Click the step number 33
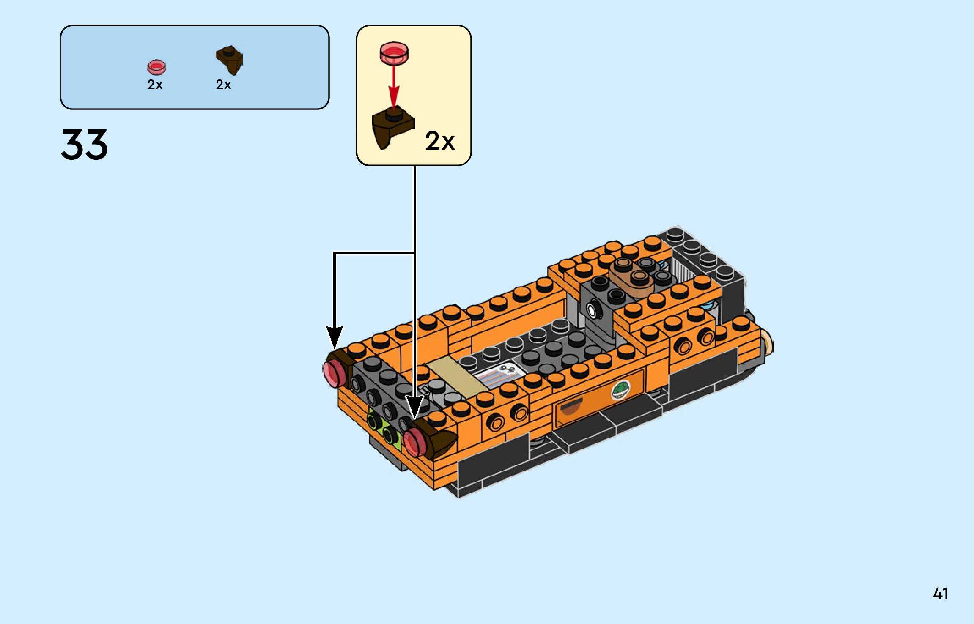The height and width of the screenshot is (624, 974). pyautogui.click(x=85, y=145)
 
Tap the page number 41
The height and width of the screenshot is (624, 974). pyautogui.click(x=940, y=594)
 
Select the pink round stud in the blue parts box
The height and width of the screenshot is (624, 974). pyautogui.click(x=156, y=67)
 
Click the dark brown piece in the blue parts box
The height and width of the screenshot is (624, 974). pyautogui.click(x=230, y=60)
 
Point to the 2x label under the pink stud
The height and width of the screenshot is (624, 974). pyautogui.click(x=155, y=85)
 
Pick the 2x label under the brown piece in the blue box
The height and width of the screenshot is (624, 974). pyautogui.click(x=223, y=85)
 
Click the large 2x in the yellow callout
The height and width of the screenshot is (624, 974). pyautogui.click(x=440, y=141)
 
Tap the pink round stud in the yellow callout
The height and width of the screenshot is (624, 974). pyautogui.click(x=394, y=53)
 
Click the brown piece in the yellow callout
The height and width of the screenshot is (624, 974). pyautogui.click(x=391, y=127)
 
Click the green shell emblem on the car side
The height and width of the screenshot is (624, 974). pyautogui.click(x=621, y=390)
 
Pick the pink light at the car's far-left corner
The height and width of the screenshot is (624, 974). pyautogui.click(x=335, y=373)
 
